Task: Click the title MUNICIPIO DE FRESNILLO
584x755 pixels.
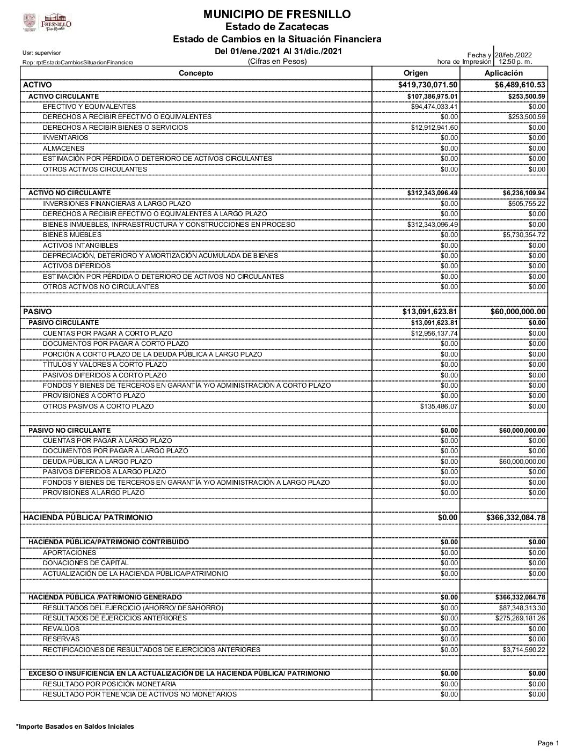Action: [277, 14]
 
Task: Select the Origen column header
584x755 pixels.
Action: [415, 73]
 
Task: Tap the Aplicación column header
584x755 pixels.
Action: [503, 73]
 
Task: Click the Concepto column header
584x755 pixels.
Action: [196, 73]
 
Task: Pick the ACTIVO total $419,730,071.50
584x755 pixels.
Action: [428, 85]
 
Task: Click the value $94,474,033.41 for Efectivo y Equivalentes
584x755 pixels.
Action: [434, 107]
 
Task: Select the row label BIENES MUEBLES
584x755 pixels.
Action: [72, 235]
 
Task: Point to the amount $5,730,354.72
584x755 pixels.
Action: [521, 235]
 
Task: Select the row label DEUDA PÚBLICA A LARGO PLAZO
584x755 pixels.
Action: [97, 462]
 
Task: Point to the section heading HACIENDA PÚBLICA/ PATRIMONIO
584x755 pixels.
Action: [87, 518]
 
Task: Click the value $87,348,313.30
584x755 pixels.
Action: [519, 608]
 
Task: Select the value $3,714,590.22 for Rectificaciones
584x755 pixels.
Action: [521, 650]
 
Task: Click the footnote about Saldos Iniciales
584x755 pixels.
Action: [75, 727]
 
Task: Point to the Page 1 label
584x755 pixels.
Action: [549, 743]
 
